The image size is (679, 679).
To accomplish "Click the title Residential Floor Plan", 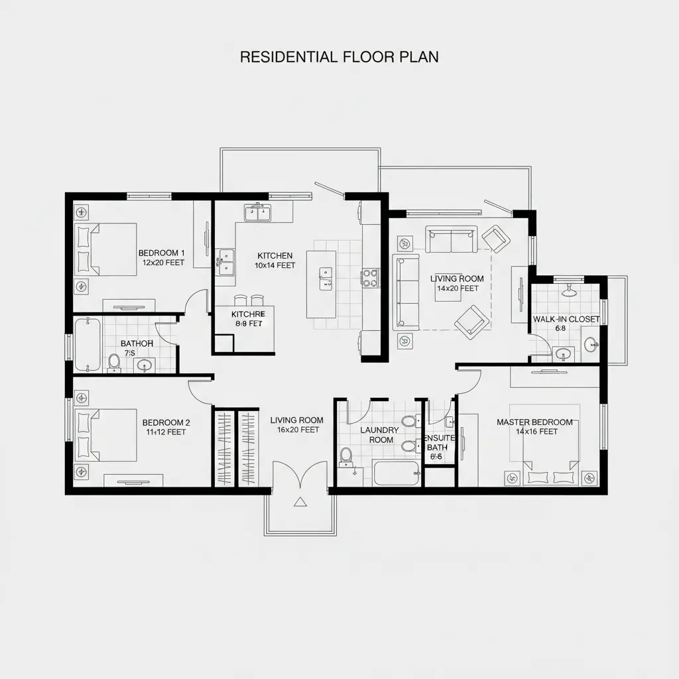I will click(339, 57).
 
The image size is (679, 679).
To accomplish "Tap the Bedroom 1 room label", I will click(161, 253).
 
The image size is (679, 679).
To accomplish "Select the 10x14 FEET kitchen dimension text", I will click(275, 265).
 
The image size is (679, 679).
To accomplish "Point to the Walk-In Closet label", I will click(566, 319).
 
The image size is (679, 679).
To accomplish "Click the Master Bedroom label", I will click(534, 422).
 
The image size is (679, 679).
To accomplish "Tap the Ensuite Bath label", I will click(438, 442).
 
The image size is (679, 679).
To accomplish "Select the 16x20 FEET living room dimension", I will click(298, 430).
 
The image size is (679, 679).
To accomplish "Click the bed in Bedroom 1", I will click(106, 249).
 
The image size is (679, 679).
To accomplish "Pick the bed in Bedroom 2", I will click(106, 435).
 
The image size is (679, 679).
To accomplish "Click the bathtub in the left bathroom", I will click(88, 344).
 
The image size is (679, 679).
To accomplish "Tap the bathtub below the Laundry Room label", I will click(396, 473).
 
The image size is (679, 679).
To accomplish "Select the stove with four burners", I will click(370, 277).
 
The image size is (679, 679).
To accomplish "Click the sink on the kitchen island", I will click(326, 278).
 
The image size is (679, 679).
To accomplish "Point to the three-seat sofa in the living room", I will click(406, 292).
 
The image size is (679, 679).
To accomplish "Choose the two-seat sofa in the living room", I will click(451, 240).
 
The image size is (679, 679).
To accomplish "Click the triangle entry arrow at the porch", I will click(300, 502).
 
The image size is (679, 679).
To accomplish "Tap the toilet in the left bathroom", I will click(114, 361).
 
